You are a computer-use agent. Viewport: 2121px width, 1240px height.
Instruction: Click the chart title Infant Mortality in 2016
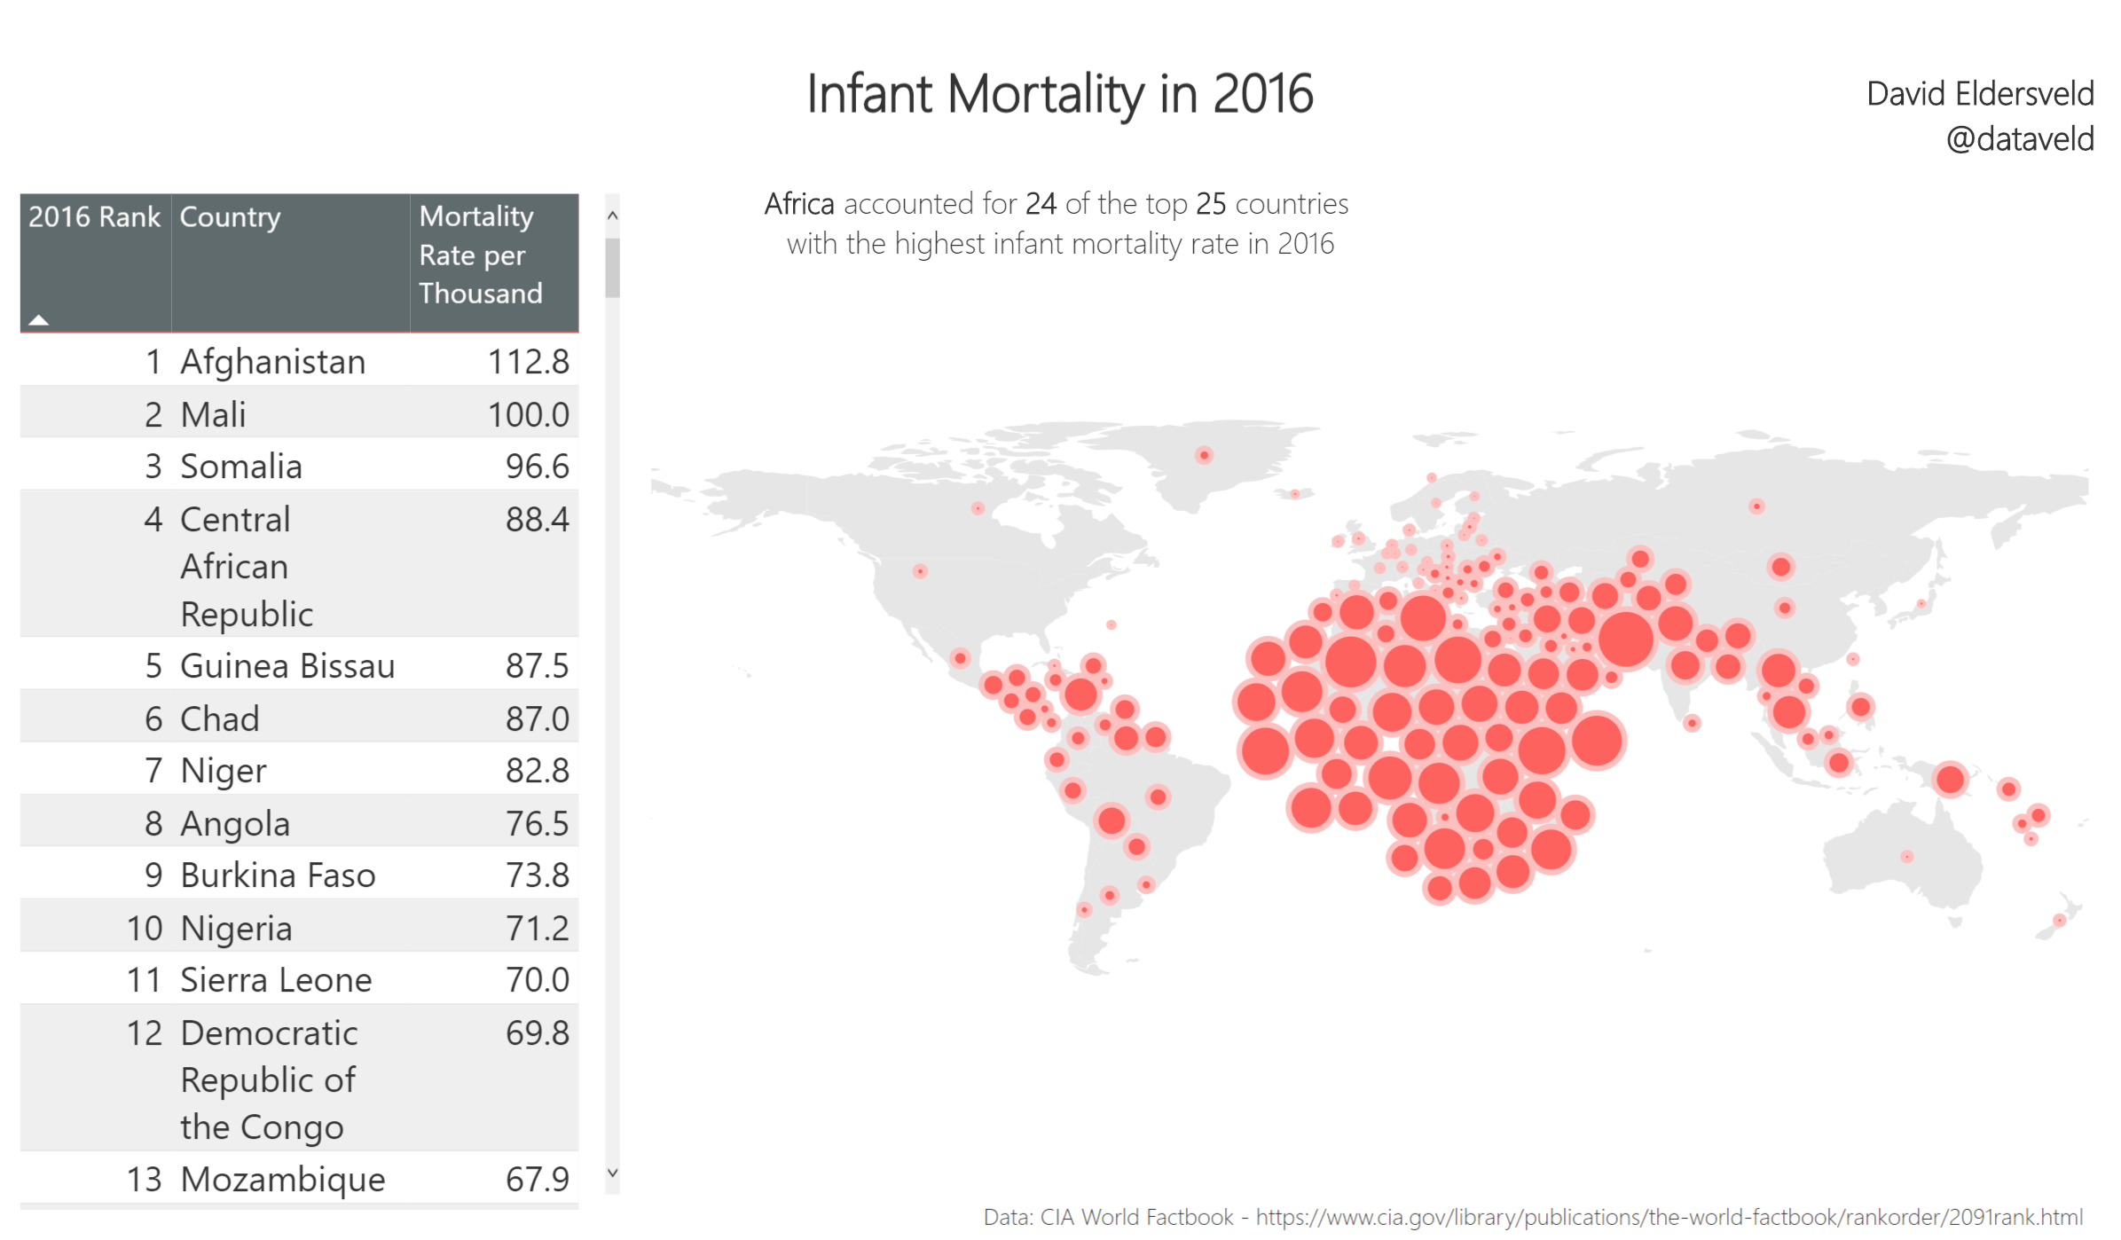point(1059,94)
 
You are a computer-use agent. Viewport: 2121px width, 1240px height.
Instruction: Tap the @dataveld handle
point(2019,139)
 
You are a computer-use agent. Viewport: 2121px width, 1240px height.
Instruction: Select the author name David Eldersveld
point(1979,94)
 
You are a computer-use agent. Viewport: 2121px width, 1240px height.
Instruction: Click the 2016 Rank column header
point(94,217)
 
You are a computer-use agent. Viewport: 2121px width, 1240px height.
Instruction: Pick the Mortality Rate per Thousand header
point(480,255)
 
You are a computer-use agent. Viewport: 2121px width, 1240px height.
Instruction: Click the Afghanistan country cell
point(272,362)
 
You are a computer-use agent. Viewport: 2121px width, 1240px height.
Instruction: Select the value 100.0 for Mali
point(528,414)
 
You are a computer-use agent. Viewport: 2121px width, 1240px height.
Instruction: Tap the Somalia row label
point(240,467)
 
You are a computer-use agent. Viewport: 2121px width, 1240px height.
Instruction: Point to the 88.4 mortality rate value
point(537,520)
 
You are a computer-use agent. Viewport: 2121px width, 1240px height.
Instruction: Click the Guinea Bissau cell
point(287,666)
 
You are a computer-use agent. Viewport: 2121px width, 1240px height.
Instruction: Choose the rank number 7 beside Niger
point(153,771)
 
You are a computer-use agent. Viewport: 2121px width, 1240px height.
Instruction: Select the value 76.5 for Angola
point(537,823)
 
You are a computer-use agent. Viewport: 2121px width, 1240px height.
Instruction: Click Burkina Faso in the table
point(278,875)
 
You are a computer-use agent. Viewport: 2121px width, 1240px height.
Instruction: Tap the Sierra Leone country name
point(276,980)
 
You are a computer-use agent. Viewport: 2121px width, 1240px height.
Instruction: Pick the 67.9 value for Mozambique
point(537,1179)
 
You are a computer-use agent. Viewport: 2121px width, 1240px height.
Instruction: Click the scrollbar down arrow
point(612,1173)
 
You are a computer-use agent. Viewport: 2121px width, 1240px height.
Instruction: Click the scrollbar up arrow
point(612,216)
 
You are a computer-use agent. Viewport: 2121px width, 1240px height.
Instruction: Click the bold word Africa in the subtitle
point(798,204)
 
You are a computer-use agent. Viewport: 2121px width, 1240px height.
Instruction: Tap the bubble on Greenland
point(1204,455)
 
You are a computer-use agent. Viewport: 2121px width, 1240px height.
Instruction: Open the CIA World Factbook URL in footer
point(1669,1217)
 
